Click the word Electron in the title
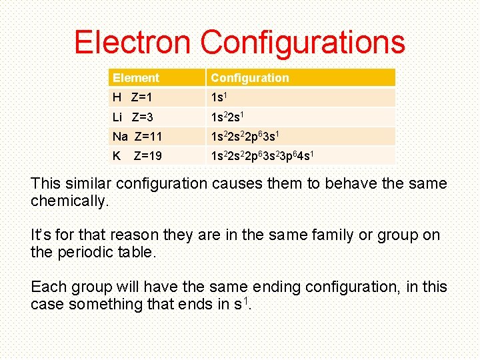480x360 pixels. tap(133, 42)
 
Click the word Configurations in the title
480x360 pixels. tap(303, 42)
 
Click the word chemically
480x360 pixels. tap(69, 201)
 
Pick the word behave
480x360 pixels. tap(351, 183)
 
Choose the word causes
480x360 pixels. tap(234, 183)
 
